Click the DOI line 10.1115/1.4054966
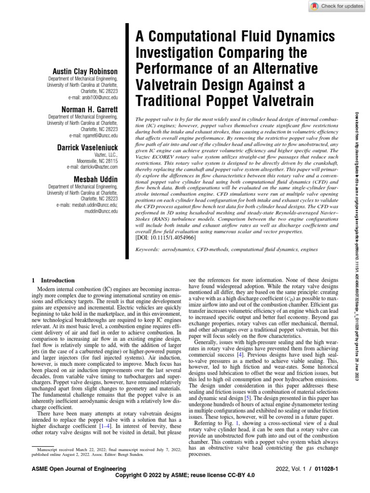[167, 237]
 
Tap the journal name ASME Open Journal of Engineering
[79, 469]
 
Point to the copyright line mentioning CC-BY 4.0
[185, 476]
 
